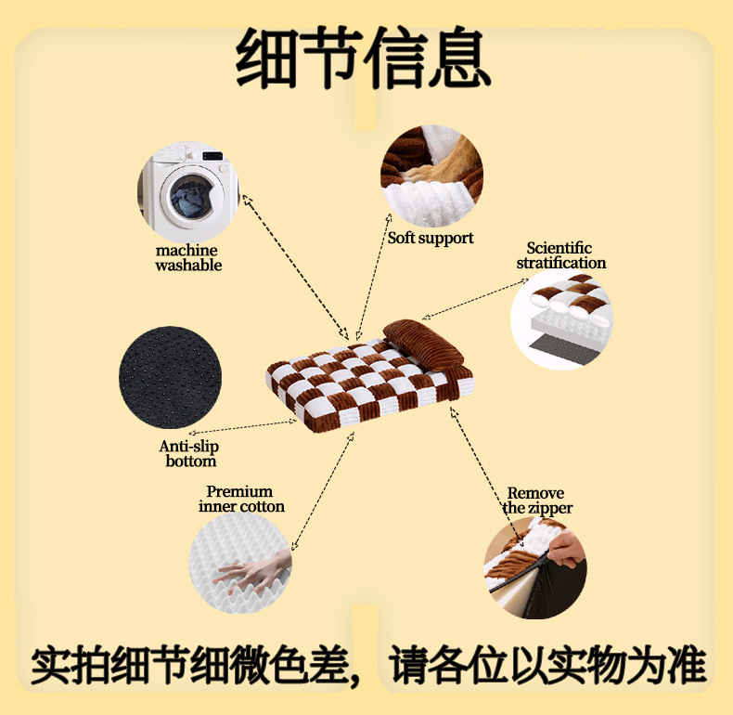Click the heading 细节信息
(x=363, y=58)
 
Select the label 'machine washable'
(x=188, y=257)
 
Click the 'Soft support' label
(x=431, y=238)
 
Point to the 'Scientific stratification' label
(x=560, y=255)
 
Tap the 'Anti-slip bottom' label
(x=190, y=454)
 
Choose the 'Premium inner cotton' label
(x=240, y=499)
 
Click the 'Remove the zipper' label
(x=537, y=500)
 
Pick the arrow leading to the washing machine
(x=292, y=265)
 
